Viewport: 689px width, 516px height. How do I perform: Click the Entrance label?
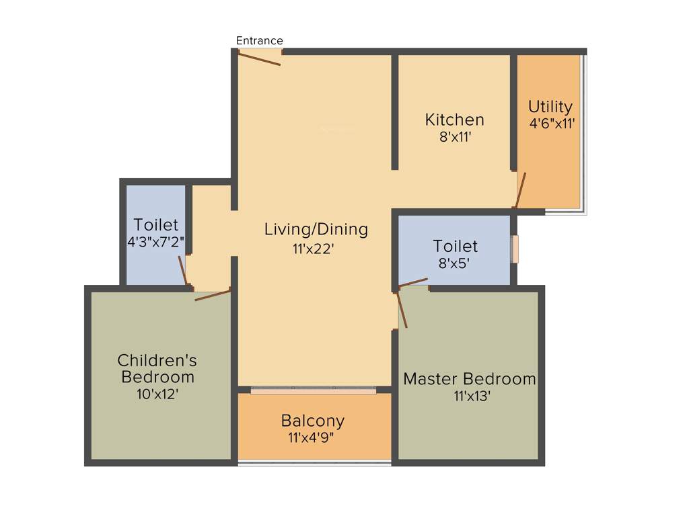click(x=259, y=41)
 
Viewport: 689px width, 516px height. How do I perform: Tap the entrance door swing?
click(x=259, y=58)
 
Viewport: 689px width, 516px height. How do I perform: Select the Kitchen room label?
click(x=454, y=120)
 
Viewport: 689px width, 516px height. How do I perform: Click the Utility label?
click(x=550, y=107)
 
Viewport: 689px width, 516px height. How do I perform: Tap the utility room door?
click(x=521, y=190)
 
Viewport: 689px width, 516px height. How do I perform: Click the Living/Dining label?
click(x=316, y=229)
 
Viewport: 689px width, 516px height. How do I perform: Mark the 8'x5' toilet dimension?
click(x=455, y=263)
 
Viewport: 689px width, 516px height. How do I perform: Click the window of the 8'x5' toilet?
click(x=515, y=249)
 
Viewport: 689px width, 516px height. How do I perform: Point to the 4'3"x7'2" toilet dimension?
click(x=155, y=241)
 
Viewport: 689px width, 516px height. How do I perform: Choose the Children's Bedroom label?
click(x=157, y=368)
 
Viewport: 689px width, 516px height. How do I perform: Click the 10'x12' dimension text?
click(x=157, y=394)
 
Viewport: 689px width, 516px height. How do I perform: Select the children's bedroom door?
click(x=213, y=294)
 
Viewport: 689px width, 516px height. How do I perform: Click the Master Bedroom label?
click(x=470, y=379)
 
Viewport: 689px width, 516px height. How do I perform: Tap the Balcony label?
click(x=313, y=421)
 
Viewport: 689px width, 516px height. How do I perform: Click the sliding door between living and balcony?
click(x=313, y=389)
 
